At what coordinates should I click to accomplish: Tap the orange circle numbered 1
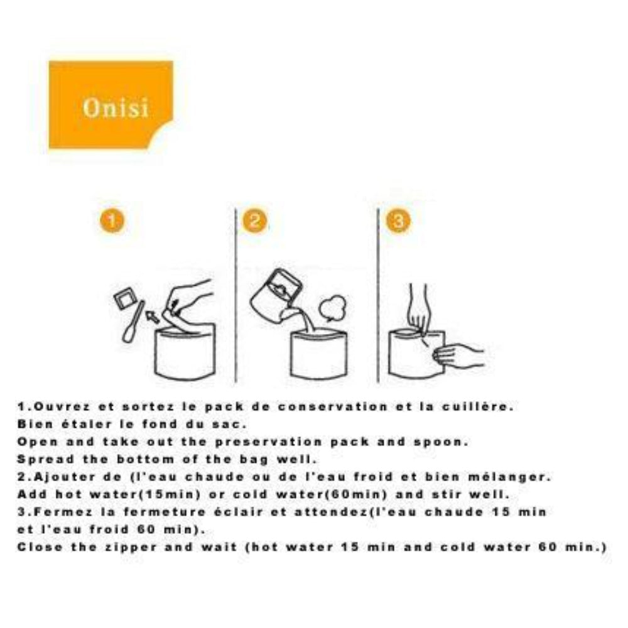tap(112, 221)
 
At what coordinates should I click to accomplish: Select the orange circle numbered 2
tap(256, 221)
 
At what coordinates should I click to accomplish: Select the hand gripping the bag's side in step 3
tap(458, 355)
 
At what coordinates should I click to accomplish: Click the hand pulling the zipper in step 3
tap(418, 308)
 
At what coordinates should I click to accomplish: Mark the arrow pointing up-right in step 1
tap(153, 315)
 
